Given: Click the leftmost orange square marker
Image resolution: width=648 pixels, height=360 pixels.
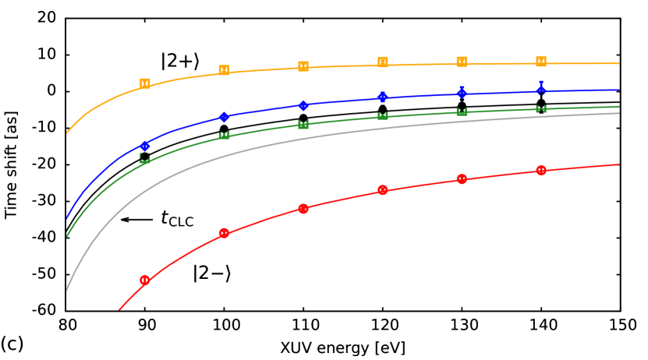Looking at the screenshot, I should tap(145, 83).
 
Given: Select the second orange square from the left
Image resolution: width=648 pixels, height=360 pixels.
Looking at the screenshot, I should tap(225, 70).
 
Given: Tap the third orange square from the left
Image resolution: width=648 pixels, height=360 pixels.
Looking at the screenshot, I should tap(303, 66).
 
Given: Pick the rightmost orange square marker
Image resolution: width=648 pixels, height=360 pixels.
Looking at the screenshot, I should tap(541, 62).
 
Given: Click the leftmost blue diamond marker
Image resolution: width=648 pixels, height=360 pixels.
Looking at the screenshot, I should tap(145, 146).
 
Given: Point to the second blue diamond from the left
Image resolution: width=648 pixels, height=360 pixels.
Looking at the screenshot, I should tap(225, 117).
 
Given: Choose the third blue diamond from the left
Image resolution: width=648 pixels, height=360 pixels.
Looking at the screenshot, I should tap(303, 105).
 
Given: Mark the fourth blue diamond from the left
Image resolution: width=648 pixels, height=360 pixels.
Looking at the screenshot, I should tap(382, 97).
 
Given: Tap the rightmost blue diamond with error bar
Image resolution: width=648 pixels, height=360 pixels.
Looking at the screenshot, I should tap(541, 90).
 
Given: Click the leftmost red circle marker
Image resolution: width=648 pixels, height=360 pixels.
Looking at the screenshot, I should tap(145, 280).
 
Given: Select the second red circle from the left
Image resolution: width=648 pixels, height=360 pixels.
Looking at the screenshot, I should tap(225, 233).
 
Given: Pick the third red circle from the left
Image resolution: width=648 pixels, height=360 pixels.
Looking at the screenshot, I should tap(303, 209).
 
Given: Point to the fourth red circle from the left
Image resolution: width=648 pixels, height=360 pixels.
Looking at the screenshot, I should tap(382, 190).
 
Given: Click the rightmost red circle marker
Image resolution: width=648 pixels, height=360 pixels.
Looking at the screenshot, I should tap(541, 170).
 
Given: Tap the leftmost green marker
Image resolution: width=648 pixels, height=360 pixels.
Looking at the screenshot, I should tap(145, 158).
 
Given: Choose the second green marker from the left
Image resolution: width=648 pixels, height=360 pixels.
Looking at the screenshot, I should tap(225, 135).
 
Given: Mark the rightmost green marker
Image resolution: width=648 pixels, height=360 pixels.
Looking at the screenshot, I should tap(541, 108).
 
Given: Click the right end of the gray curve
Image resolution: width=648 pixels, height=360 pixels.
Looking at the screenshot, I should tap(619, 114).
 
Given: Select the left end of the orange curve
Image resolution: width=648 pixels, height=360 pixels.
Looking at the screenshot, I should tap(67, 133).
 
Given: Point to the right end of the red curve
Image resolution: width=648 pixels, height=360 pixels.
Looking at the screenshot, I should tap(619, 164).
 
